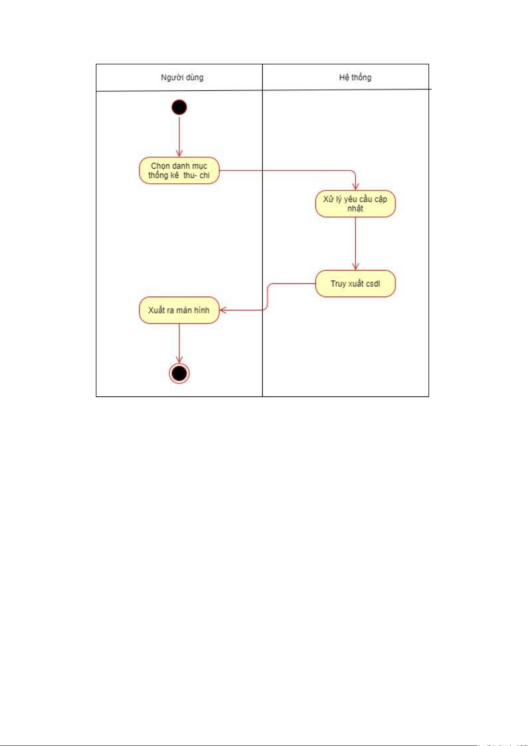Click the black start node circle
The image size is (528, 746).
click(179, 107)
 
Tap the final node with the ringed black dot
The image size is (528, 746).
click(179, 373)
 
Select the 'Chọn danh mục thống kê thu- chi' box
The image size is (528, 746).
click(179, 170)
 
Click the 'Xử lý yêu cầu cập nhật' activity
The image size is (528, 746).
click(355, 204)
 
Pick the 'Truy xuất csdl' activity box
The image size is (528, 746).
click(355, 284)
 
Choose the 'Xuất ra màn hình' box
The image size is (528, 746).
click(179, 310)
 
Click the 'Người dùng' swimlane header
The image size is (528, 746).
click(182, 77)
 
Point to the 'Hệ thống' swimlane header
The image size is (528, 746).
click(355, 77)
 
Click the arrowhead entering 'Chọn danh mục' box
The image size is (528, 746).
click(179, 154)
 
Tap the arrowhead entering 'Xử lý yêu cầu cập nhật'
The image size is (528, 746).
click(355, 187)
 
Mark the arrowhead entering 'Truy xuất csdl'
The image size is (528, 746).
click(355, 267)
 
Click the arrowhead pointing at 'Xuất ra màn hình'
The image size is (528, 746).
click(223, 310)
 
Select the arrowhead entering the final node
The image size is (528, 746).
click(179, 359)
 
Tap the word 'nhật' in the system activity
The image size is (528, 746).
click(355, 209)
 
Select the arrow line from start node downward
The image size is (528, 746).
click(179, 136)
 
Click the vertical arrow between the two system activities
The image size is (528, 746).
click(355, 244)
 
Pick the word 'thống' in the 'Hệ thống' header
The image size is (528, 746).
click(362, 77)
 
